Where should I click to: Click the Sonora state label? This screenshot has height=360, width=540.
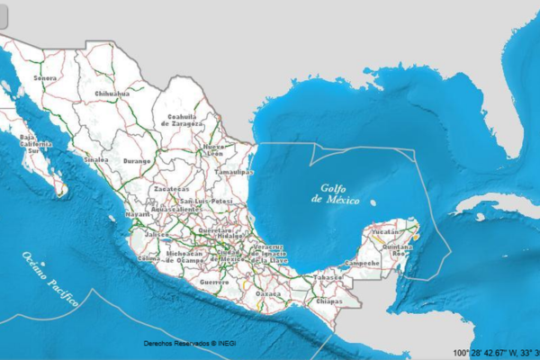pos(44,77)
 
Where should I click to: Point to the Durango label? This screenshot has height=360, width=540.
pos(137,160)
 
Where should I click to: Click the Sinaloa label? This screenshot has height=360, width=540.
pos(96,159)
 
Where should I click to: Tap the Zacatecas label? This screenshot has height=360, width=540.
pos(171,190)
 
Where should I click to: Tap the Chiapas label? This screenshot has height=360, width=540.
pos(329,301)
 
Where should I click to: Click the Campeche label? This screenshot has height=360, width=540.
pos(363,263)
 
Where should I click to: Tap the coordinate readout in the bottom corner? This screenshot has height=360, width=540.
pos(495,352)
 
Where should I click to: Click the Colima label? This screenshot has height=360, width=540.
pos(148,257)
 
